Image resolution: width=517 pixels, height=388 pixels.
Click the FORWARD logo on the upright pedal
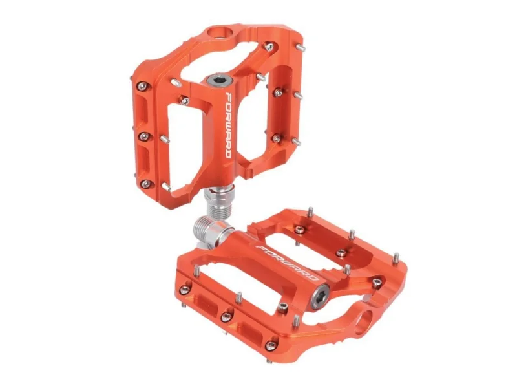237,125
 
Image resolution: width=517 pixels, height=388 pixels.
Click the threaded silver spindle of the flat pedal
208,231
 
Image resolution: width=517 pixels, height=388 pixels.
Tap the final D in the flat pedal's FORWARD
313,279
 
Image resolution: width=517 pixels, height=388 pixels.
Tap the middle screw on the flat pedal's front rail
226,316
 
